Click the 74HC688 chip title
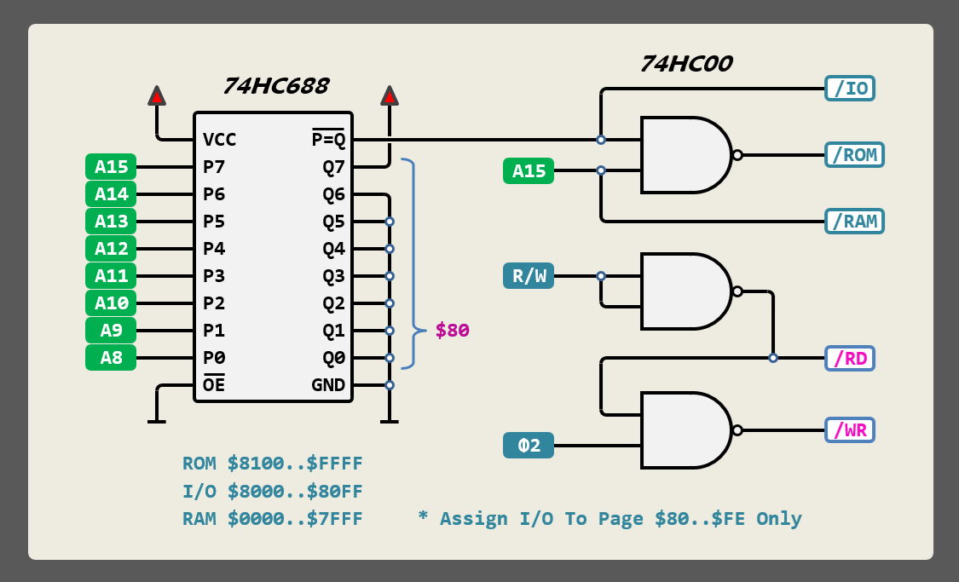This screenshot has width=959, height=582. click(275, 86)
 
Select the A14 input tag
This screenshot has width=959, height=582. click(111, 194)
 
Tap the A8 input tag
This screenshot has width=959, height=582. click(111, 358)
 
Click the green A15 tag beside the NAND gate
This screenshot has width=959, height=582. click(529, 171)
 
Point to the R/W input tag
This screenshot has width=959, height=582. click(529, 276)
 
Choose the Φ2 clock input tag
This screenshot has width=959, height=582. click(529, 446)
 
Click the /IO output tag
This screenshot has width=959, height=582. click(850, 89)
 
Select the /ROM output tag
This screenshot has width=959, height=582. click(854, 155)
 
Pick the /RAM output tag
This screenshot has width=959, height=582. click(854, 222)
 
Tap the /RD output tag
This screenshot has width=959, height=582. click(850, 358)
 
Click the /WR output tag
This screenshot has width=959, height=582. click(850, 429)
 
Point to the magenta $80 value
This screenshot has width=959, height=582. click(452, 331)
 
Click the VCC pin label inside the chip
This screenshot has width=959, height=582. click(220, 140)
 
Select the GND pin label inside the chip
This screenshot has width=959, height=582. click(328, 385)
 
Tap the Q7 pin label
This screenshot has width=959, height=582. click(333, 167)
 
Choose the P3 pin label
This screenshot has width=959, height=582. click(214, 276)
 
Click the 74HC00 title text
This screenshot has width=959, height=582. click(686, 64)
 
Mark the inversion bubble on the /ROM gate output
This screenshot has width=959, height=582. click(737, 155)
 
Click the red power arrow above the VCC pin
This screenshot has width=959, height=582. click(157, 95)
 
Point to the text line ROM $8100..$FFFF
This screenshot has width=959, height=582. click(273, 464)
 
